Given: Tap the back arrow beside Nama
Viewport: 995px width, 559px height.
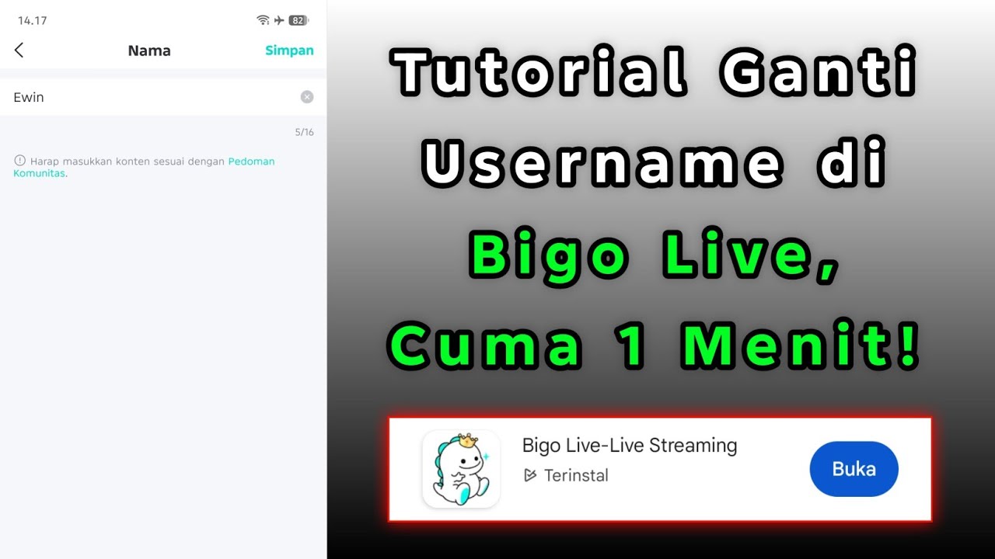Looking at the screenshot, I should tap(19, 50).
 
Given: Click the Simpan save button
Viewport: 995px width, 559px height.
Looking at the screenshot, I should tap(289, 50).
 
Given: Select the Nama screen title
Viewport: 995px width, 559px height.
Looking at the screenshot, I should tap(149, 50).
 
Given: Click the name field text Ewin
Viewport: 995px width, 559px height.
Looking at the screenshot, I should tap(29, 97).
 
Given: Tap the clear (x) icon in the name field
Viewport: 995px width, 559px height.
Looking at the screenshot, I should tap(307, 97).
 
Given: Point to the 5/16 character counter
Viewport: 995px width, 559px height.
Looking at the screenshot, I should tap(304, 132).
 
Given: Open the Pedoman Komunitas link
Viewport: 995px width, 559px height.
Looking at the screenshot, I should tap(251, 161).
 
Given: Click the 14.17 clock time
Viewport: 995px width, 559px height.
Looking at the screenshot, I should tap(33, 20).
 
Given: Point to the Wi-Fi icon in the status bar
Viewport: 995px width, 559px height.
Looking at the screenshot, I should tap(263, 20).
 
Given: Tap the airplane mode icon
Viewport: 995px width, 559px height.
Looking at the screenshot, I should tap(279, 20).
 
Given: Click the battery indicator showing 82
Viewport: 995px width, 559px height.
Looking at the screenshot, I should tap(298, 20).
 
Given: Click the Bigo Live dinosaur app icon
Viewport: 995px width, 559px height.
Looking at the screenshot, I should tap(461, 469).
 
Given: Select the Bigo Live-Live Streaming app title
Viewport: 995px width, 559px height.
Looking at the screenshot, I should tap(630, 446).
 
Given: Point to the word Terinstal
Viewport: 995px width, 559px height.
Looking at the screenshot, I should tap(576, 475).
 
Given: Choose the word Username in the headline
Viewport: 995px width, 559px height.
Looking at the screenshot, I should tap(602, 164).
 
